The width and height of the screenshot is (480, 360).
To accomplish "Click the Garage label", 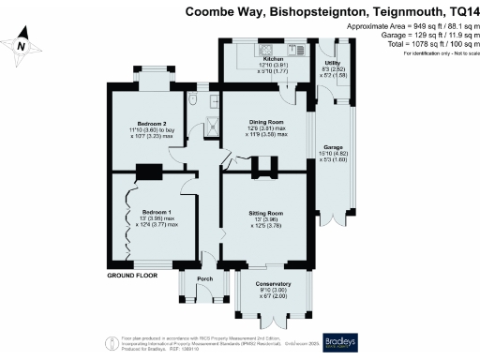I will click(x=334, y=148).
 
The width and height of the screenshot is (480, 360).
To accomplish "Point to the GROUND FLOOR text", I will click(x=131, y=278).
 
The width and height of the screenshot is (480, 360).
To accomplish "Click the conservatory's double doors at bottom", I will click(x=273, y=322).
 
